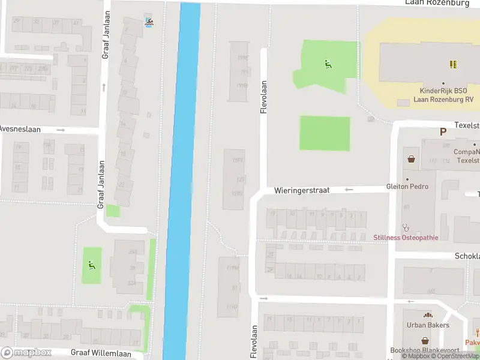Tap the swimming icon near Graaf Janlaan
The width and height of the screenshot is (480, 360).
tap(148, 23)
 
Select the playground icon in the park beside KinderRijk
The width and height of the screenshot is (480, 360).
tap(328, 65)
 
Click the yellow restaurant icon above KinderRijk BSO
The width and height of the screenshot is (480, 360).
tap(454, 64)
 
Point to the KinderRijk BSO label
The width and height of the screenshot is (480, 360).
tap(443, 95)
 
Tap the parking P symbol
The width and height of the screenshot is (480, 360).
tap(443, 132)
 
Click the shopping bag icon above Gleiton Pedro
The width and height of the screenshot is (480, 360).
tap(412, 160)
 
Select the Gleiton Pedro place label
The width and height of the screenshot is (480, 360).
tap(407, 187)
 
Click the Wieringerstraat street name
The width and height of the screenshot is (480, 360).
tap(302, 190)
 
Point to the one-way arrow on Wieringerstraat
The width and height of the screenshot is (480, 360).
tap(349, 190)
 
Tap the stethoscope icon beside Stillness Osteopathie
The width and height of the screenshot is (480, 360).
tap(406, 227)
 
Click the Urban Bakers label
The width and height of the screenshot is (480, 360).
tap(428, 325)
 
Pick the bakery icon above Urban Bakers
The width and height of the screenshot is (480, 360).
tap(428, 315)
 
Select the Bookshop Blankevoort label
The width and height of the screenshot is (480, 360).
tap(425, 350)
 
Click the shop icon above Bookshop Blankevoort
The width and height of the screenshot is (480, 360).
tap(425, 340)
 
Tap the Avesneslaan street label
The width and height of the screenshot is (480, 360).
tap(19, 129)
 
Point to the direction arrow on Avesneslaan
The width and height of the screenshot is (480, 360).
tap(60, 130)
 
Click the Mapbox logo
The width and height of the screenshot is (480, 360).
tap(26, 352)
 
